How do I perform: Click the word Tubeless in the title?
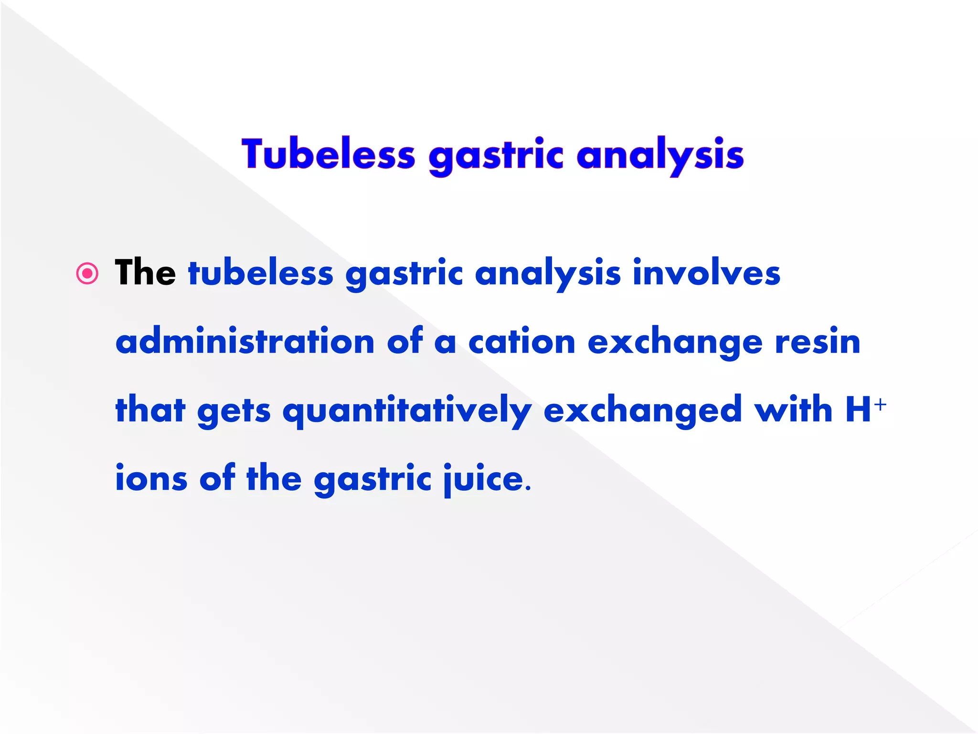click(328, 154)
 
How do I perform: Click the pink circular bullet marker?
click(87, 274)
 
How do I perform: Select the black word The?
click(145, 272)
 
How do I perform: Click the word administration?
click(245, 341)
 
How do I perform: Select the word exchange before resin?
click(675, 342)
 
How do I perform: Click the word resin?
click(818, 341)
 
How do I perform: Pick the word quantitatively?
click(407, 411)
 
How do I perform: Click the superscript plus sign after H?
click(880, 405)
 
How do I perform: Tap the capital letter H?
click(858, 410)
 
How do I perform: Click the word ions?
click(151, 478)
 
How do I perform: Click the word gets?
click(234, 411)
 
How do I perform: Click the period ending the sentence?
click(528, 489)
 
